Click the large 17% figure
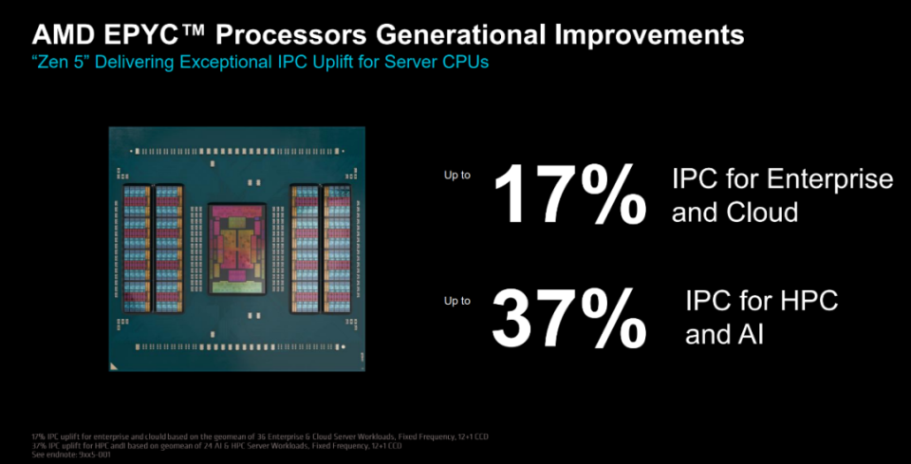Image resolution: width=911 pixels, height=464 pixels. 567,195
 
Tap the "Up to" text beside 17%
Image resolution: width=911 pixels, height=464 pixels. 457,176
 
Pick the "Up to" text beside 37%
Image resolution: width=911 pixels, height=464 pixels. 457,301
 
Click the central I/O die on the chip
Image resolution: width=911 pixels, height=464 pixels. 242,245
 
